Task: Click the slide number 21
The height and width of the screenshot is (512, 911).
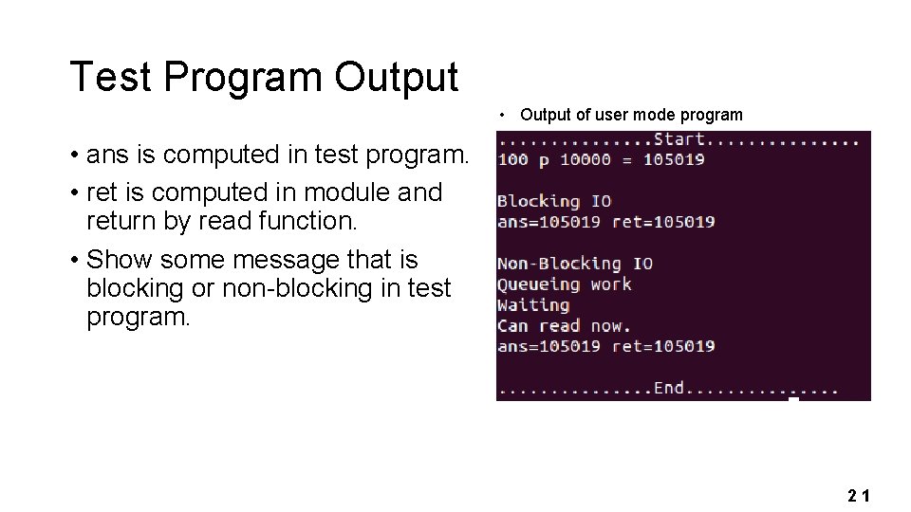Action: pyautogui.click(x=859, y=495)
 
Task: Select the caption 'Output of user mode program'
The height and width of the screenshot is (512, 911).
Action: pyautogui.click(x=631, y=115)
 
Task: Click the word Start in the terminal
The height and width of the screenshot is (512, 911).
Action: pyautogui.click(x=679, y=140)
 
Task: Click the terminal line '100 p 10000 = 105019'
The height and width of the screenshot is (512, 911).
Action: pyautogui.click(x=601, y=159)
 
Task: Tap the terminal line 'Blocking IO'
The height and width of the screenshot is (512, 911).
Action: pyautogui.click(x=554, y=201)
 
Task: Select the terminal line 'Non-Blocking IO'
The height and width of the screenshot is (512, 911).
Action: pyautogui.click(x=575, y=264)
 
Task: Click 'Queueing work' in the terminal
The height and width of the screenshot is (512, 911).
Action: pyautogui.click(x=564, y=284)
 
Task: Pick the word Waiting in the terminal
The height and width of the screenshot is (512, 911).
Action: pyautogui.click(x=533, y=305)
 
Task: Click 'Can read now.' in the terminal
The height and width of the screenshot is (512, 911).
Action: pyautogui.click(x=564, y=325)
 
